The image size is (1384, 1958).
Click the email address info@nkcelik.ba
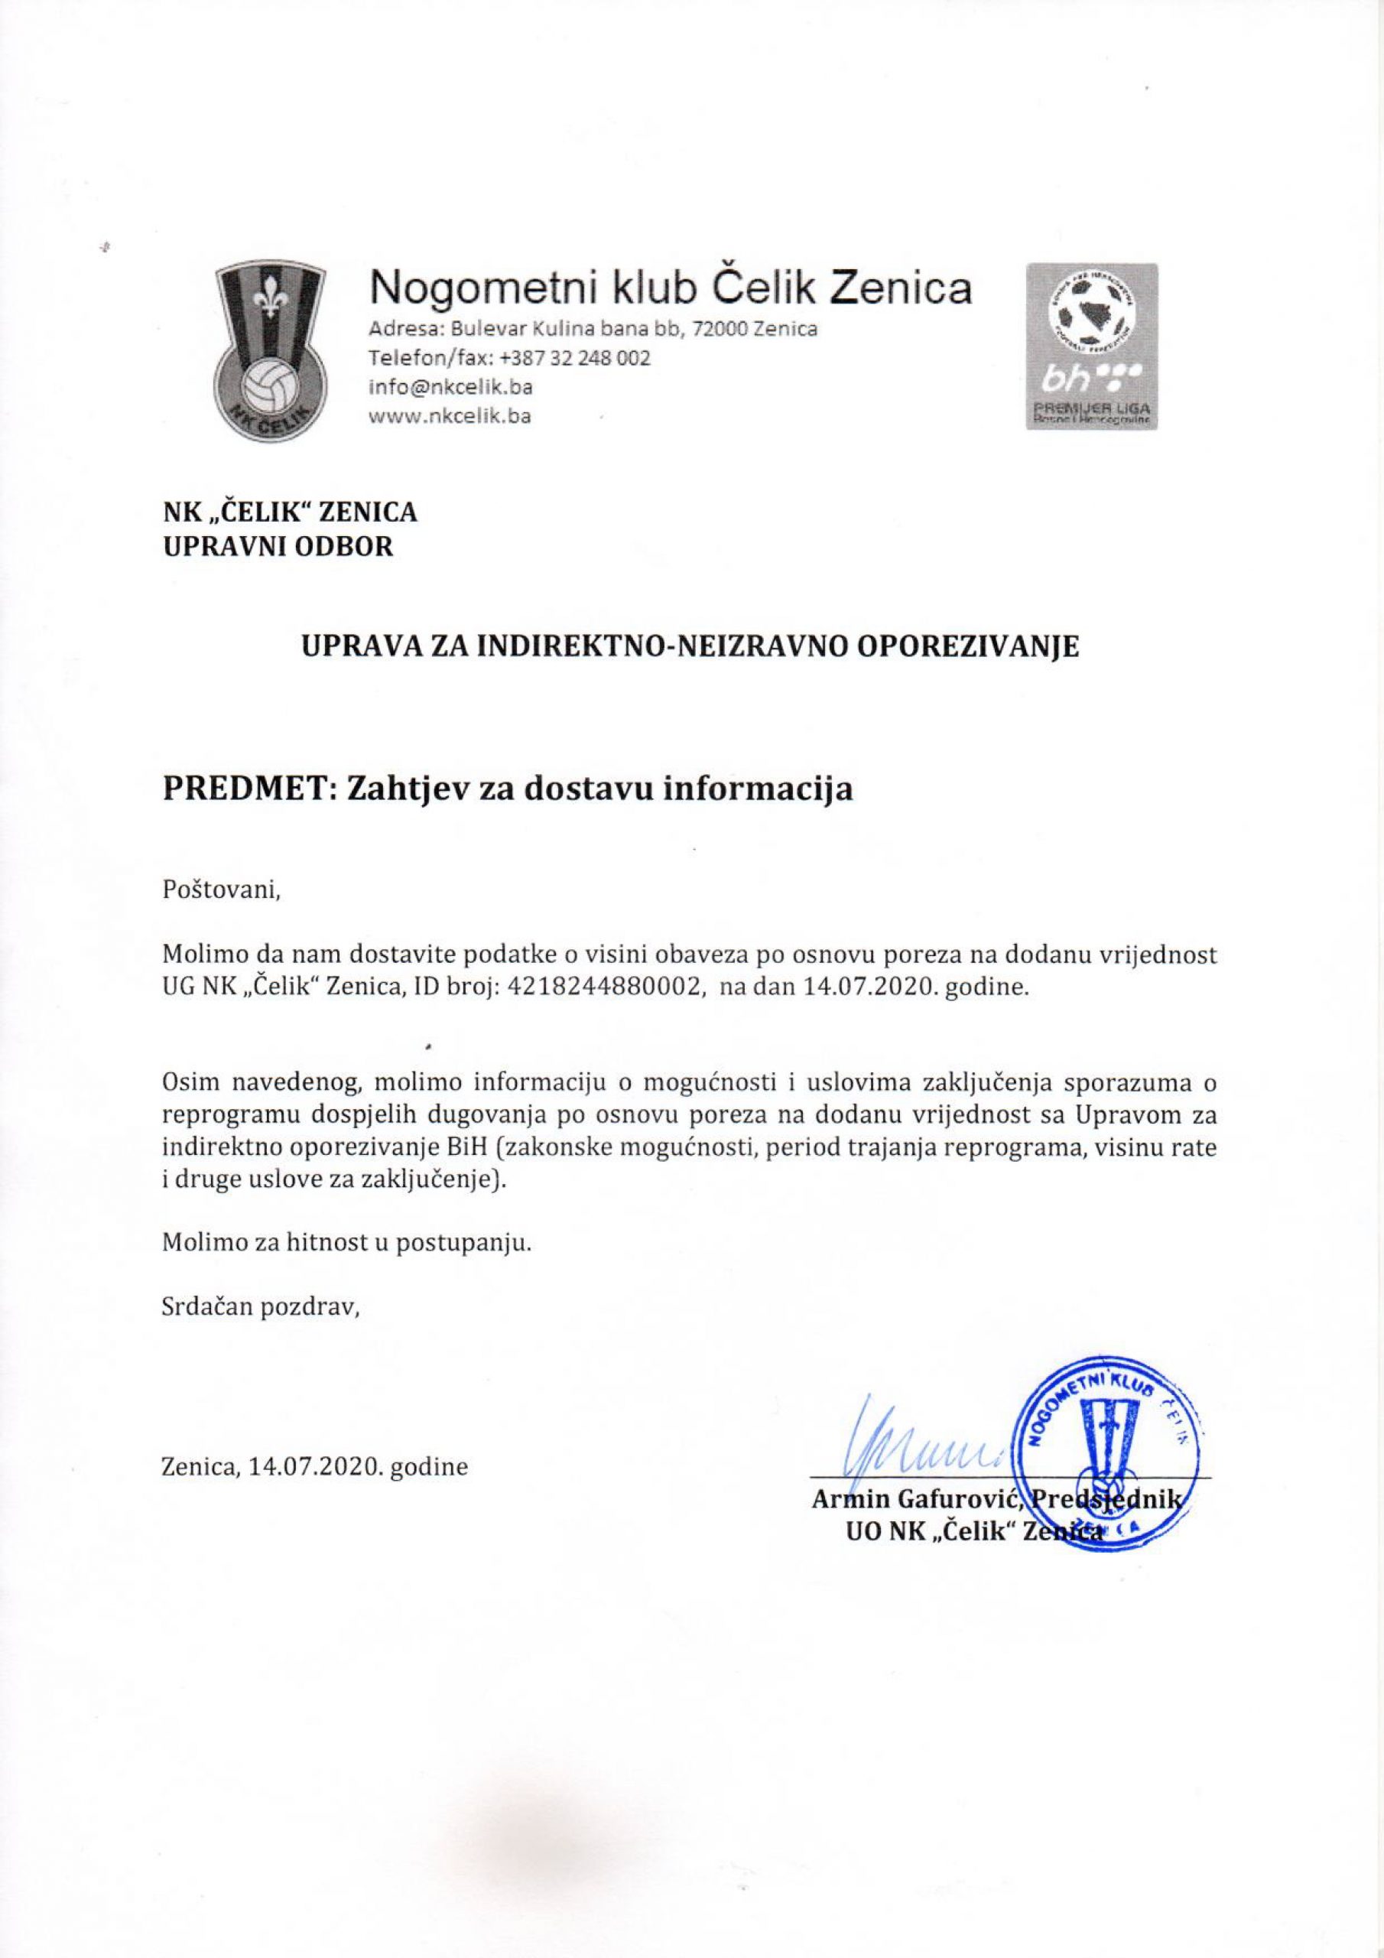[450, 387]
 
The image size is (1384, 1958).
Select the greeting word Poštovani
[221, 892]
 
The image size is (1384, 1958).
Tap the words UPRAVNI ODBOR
[278, 547]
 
